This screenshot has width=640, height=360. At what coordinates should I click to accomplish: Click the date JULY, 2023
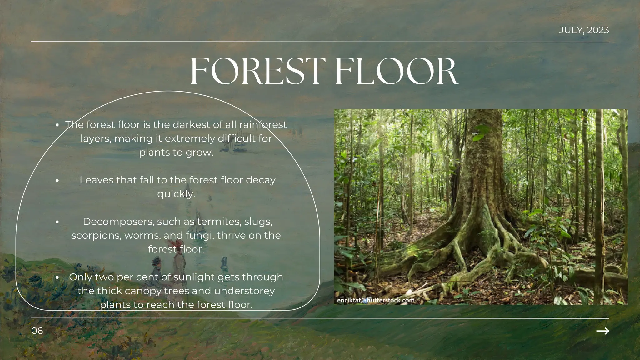(584, 30)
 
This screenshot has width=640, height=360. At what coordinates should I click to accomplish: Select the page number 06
(37, 331)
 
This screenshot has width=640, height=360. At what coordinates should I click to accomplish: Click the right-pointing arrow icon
(602, 331)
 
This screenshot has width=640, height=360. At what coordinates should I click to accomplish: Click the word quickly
(176, 194)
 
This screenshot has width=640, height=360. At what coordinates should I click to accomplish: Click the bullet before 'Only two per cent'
(57, 277)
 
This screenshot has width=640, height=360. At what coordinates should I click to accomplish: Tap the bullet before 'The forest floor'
(57, 125)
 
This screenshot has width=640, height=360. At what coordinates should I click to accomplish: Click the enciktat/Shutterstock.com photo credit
(376, 301)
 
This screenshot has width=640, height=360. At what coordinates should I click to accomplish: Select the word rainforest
(263, 125)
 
